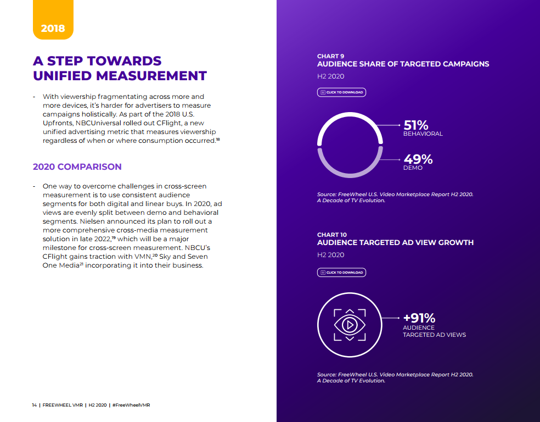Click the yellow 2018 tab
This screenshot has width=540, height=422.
tap(53, 28)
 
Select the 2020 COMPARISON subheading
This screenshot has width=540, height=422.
tap(77, 166)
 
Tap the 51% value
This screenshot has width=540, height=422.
tap(415, 125)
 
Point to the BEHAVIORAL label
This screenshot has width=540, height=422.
tap(423, 134)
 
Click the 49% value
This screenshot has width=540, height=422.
tap(418, 159)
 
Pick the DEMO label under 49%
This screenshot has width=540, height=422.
tap(413, 168)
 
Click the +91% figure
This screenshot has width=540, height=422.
tap(419, 318)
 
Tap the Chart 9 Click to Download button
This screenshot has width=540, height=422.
tap(341, 92)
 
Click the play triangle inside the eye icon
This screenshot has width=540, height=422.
tap(350, 325)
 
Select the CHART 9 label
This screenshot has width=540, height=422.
tap(331, 56)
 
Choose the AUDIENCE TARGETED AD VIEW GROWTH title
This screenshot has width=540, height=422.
tap(395, 242)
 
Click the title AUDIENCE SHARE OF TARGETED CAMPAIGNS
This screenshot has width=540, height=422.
tap(403, 64)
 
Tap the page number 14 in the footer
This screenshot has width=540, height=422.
tap(34, 405)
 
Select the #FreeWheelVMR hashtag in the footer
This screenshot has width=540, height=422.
tap(131, 405)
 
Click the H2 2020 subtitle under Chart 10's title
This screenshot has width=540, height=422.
tap(330, 255)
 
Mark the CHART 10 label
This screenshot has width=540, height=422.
tap(332, 235)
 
